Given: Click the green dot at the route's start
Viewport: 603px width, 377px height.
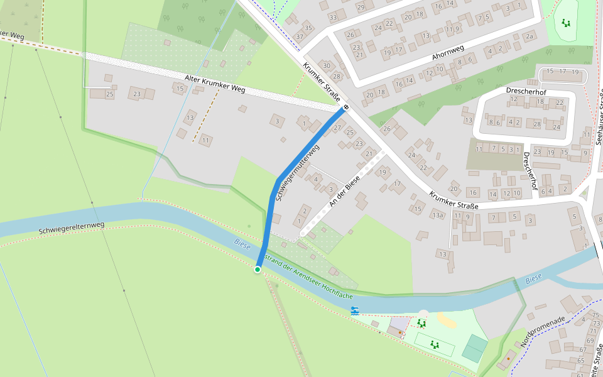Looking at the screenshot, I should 258,270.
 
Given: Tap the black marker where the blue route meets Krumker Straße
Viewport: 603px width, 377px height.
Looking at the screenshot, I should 345,107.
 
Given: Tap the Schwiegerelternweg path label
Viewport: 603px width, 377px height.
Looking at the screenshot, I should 71,227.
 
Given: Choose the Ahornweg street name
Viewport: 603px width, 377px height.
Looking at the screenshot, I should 448,52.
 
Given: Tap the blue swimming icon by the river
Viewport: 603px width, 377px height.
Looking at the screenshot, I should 355,310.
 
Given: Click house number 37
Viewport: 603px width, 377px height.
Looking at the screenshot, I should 300,36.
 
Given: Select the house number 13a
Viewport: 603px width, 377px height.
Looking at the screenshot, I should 437,216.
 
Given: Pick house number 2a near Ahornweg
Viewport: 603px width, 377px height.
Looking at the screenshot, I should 530,36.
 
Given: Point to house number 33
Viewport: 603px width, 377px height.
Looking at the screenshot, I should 333,17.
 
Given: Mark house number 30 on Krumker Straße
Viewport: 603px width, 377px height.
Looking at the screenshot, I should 326,65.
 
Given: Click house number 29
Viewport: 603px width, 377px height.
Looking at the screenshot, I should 360,7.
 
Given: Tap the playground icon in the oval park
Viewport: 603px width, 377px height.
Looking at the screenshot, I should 567,23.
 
